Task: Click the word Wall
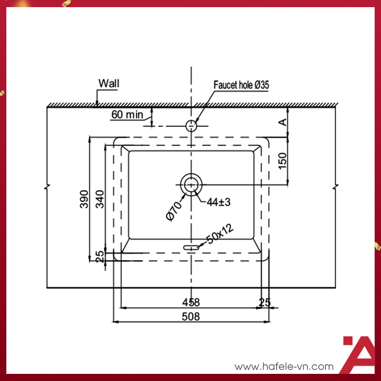coord(109,83)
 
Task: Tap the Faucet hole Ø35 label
coord(242,85)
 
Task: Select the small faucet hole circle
coord(191,126)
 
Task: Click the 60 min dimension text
coord(127,115)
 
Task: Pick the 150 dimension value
coord(283,160)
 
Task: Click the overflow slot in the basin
coord(191,247)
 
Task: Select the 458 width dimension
coord(191,302)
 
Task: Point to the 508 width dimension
coord(191,316)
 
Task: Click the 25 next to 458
coord(265,302)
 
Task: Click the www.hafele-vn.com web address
coord(284,367)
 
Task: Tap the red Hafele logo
coord(358,354)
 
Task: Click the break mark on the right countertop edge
coord(336,187)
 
